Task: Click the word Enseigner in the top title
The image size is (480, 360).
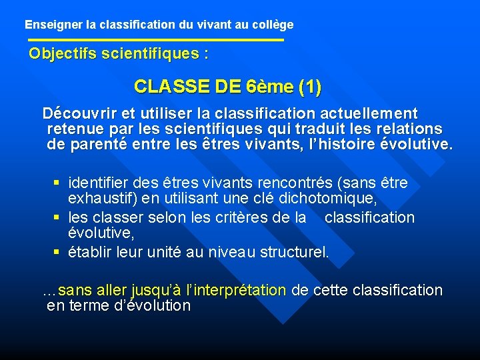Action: (x=54, y=25)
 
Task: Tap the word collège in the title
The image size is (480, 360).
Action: (x=273, y=25)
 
